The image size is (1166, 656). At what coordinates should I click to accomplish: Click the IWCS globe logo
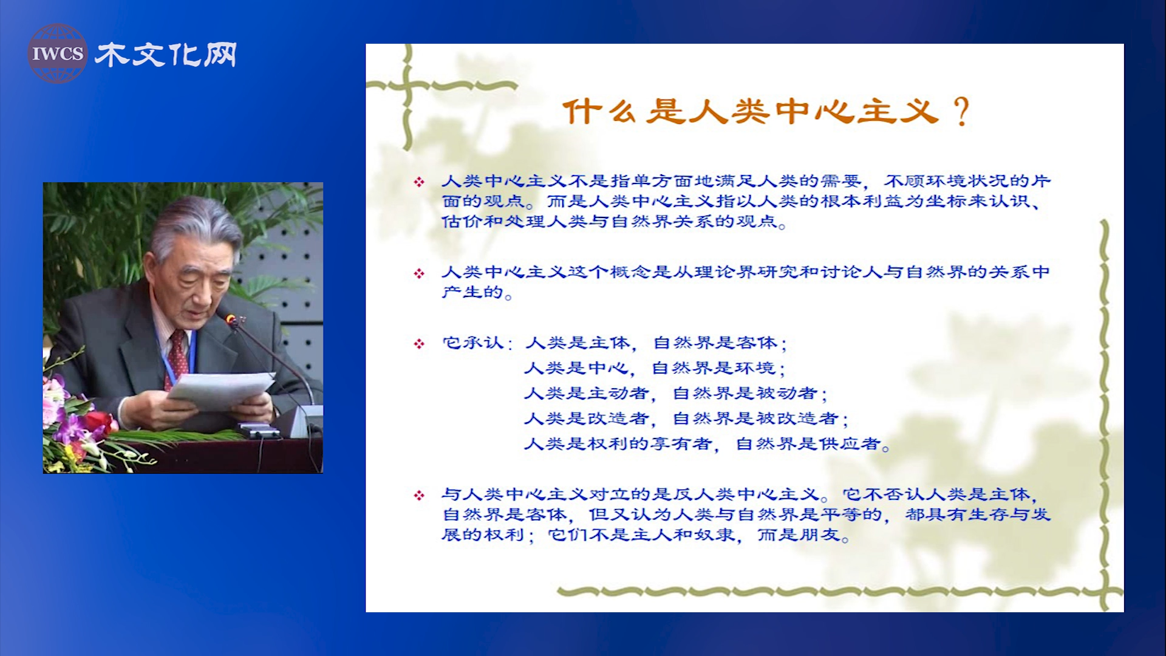58,53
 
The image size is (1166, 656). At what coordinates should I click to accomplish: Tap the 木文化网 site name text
165,55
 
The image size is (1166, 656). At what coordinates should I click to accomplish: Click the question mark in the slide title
961,111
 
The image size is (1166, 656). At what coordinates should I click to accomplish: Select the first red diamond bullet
419,182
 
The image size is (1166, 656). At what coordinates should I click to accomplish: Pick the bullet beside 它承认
419,344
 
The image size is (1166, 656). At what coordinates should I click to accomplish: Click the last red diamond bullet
419,495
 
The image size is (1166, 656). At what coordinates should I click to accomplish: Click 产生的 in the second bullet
473,292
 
